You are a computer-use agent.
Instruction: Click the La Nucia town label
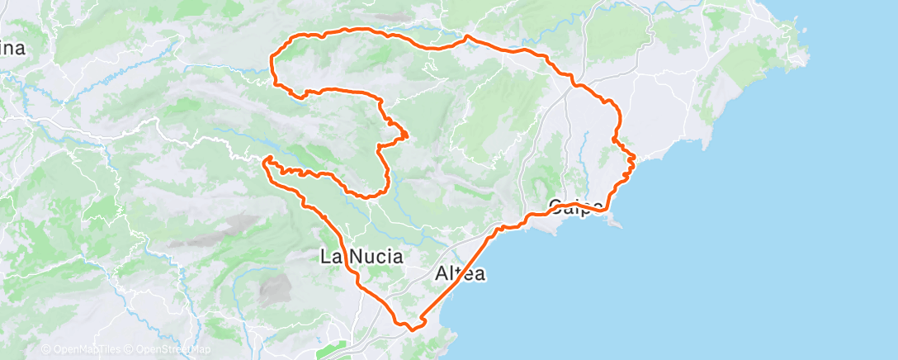(362, 257)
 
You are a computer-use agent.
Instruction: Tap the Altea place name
(461, 274)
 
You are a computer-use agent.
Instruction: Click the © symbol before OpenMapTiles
(45, 350)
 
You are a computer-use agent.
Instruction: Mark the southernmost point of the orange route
(410, 328)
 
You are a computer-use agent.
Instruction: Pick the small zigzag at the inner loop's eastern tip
(405, 135)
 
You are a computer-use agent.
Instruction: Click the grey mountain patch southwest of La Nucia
(275, 289)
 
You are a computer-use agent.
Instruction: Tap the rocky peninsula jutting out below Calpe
(614, 221)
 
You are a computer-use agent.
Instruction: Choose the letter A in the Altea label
(442, 274)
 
